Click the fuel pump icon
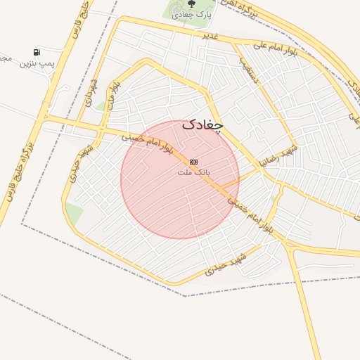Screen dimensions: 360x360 (x=37, y=52)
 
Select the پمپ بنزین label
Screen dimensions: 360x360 (x=37, y=64)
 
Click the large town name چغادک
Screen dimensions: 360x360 (x=202, y=124)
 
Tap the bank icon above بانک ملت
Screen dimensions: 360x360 (x=193, y=161)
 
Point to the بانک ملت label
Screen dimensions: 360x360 (x=193, y=172)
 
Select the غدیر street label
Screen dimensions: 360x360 (x=209, y=35)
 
